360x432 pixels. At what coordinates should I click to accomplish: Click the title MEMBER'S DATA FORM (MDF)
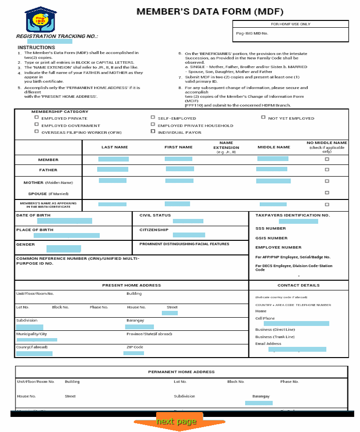pos(210,12)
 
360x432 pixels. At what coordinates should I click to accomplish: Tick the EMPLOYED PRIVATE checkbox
pos(36,118)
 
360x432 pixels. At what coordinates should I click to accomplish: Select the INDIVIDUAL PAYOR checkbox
pos(153,132)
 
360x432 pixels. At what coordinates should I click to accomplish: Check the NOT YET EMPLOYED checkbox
pos(263,118)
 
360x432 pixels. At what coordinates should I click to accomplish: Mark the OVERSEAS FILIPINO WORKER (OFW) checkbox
pos(36,132)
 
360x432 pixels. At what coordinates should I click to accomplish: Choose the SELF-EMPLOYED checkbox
pos(153,118)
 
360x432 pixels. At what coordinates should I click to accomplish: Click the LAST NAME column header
pos(114,147)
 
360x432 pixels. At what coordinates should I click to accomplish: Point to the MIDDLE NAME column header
pos(273,147)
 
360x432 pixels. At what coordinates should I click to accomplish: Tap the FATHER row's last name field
pos(112,169)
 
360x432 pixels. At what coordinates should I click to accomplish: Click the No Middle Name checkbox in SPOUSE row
pos(327,193)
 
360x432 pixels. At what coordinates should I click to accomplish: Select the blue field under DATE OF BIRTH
pos(64,221)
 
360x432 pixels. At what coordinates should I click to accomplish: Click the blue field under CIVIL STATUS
pos(188,221)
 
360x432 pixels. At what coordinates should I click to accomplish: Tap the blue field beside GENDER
pos(63,249)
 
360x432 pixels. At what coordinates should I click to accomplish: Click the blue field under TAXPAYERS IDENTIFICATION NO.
pos(298,221)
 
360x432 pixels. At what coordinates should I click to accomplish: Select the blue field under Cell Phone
pos(296,324)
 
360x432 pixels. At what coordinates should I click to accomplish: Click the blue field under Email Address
pos(297,349)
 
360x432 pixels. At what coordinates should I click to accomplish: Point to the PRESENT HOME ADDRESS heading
pos(131,285)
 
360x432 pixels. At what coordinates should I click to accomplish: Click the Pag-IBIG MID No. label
pos(252,33)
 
